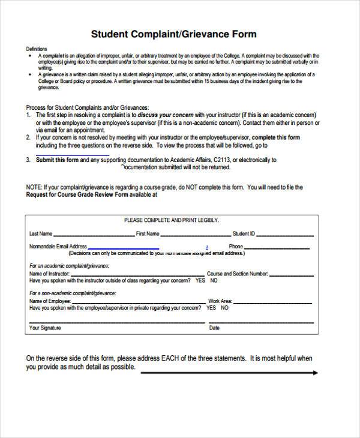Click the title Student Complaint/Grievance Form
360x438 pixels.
click(x=173, y=34)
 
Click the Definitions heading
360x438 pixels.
click(x=37, y=49)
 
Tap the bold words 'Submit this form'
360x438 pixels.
click(x=57, y=160)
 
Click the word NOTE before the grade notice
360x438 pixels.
click(x=34, y=187)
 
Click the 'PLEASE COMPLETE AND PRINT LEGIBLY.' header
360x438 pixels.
click(x=171, y=220)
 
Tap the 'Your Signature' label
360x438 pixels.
click(x=45, y=328)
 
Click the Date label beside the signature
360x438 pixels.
click(x=214, y=328)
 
